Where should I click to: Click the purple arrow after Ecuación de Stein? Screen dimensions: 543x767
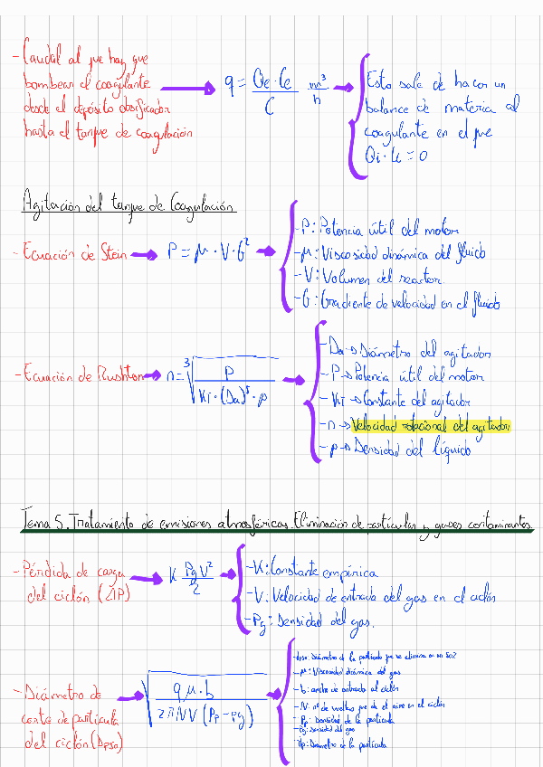coord(142,255)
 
